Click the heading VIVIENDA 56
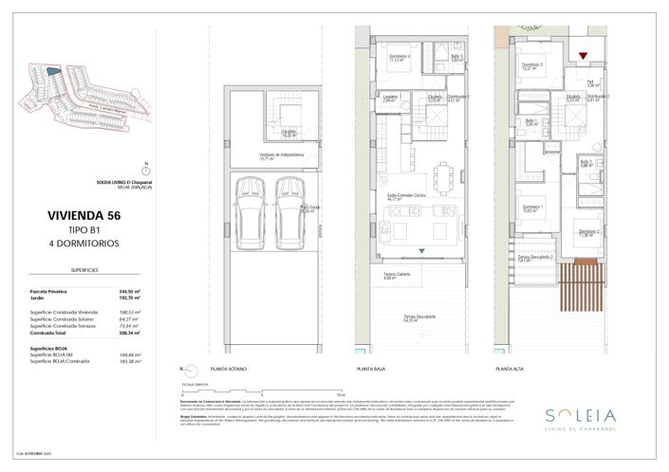84,215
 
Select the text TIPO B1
84,229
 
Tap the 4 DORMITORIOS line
84,243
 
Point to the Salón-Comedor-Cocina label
410,196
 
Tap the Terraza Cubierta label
383,276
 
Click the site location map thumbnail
79,90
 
